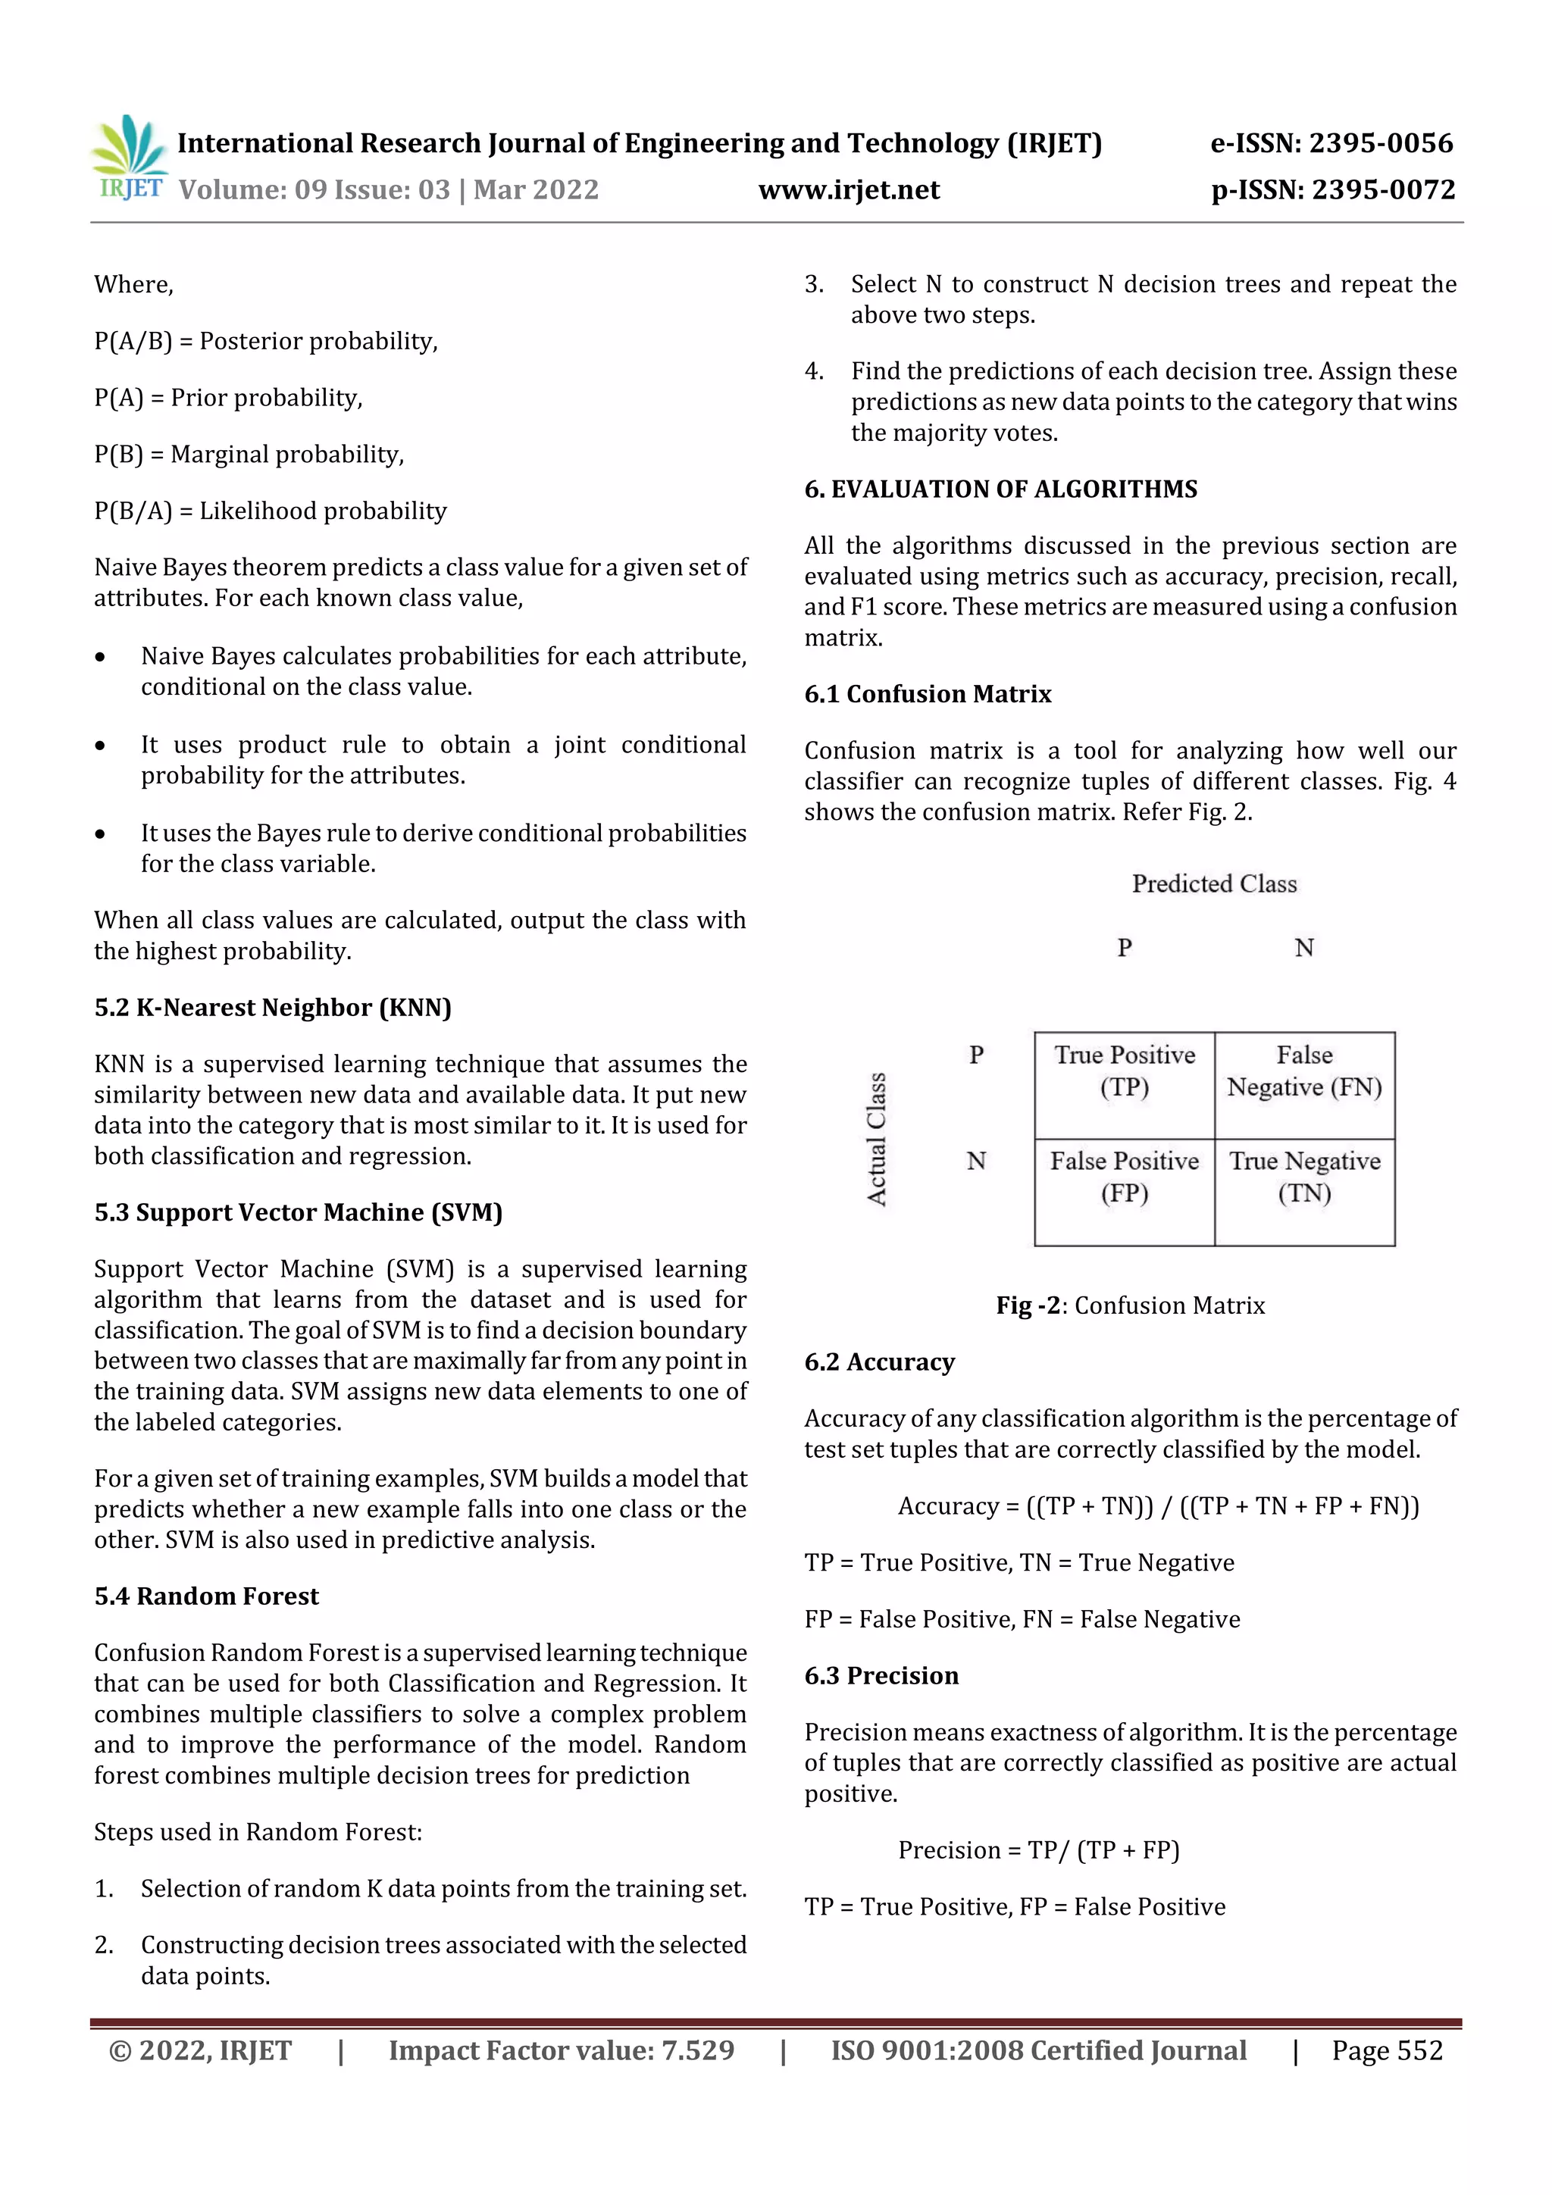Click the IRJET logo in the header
[130, 158]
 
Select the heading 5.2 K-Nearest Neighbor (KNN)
[273, 1008]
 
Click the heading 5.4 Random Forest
[207, 1596]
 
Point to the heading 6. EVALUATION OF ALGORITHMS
[1000, 489]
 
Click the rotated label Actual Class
[876, 1139]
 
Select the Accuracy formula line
[1158, 1507]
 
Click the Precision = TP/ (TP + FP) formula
[1037, 1850]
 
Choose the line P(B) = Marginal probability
[249, 454]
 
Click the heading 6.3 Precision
[881, 1676]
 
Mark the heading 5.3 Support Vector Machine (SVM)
[299, 1212]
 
